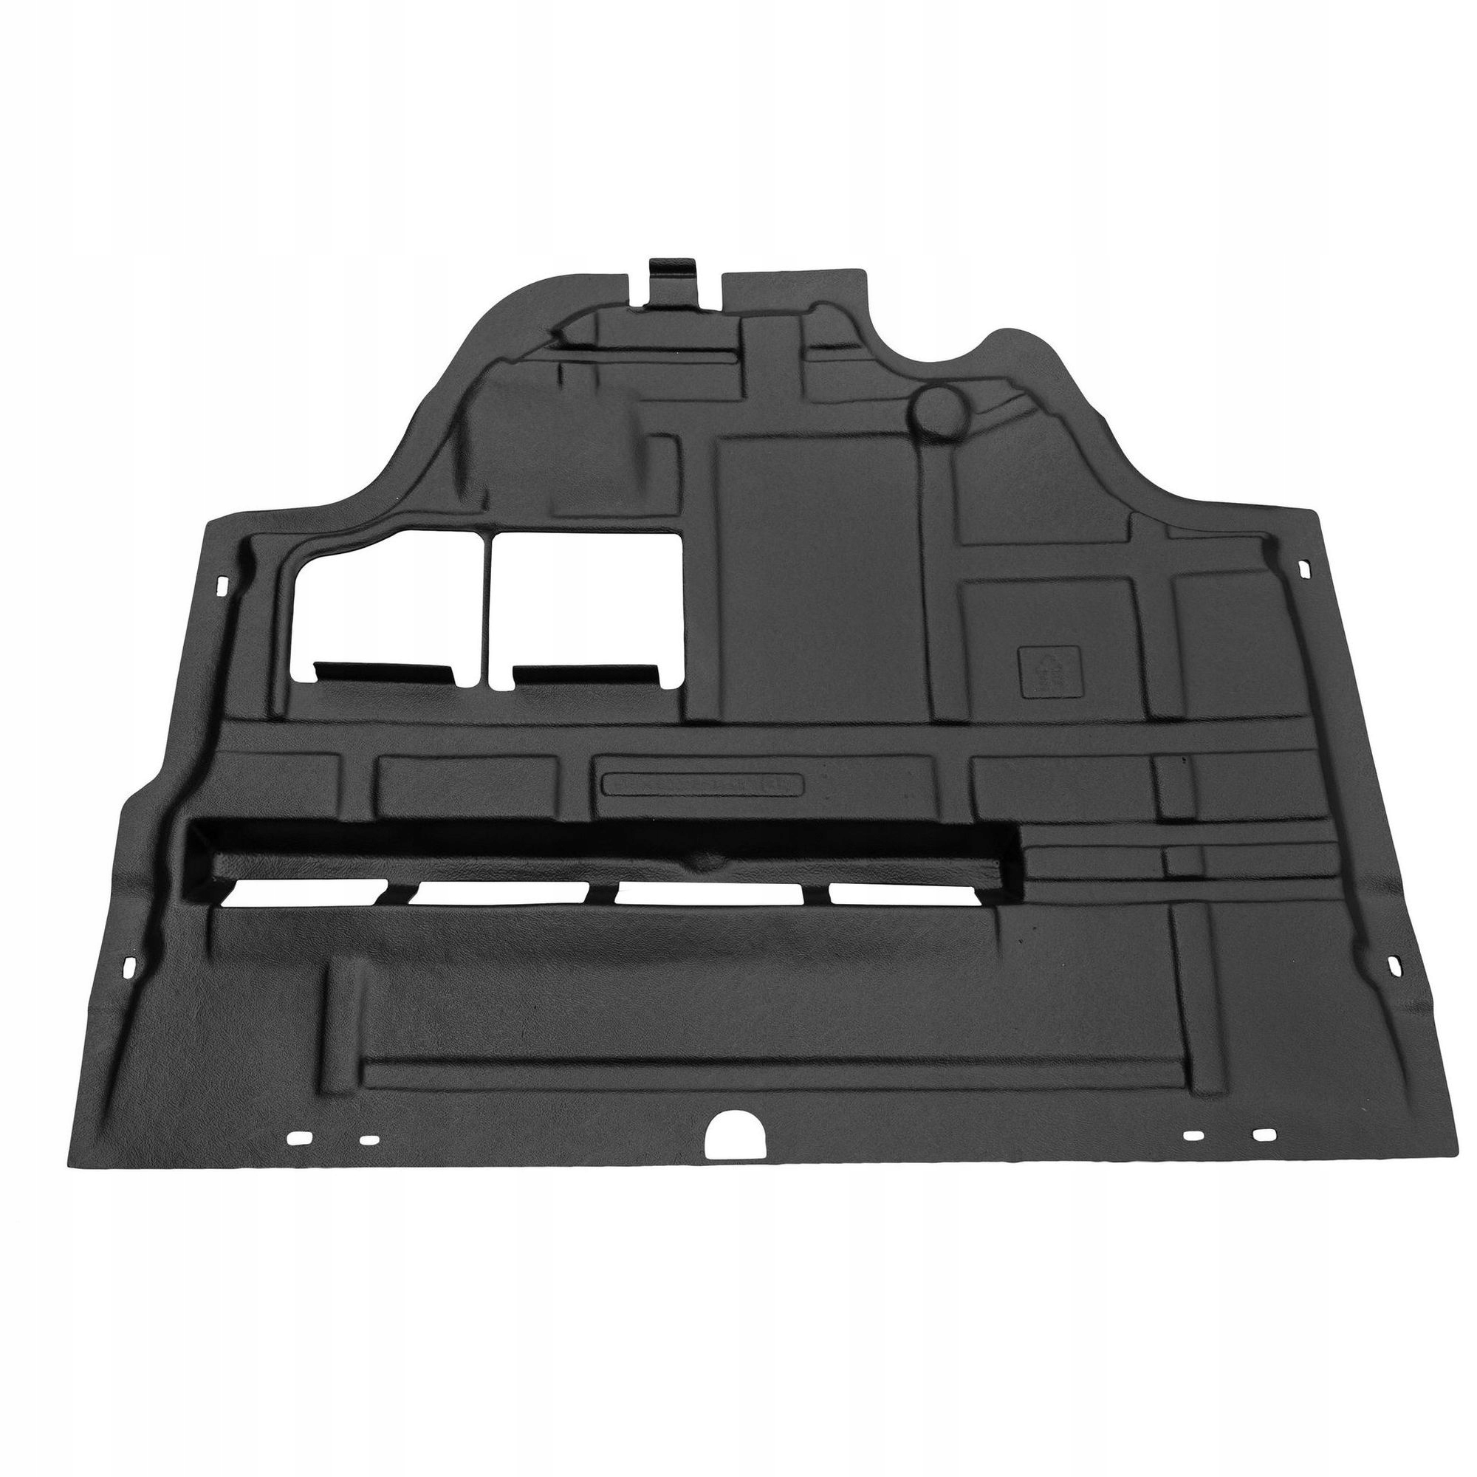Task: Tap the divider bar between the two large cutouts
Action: [487, 604]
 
